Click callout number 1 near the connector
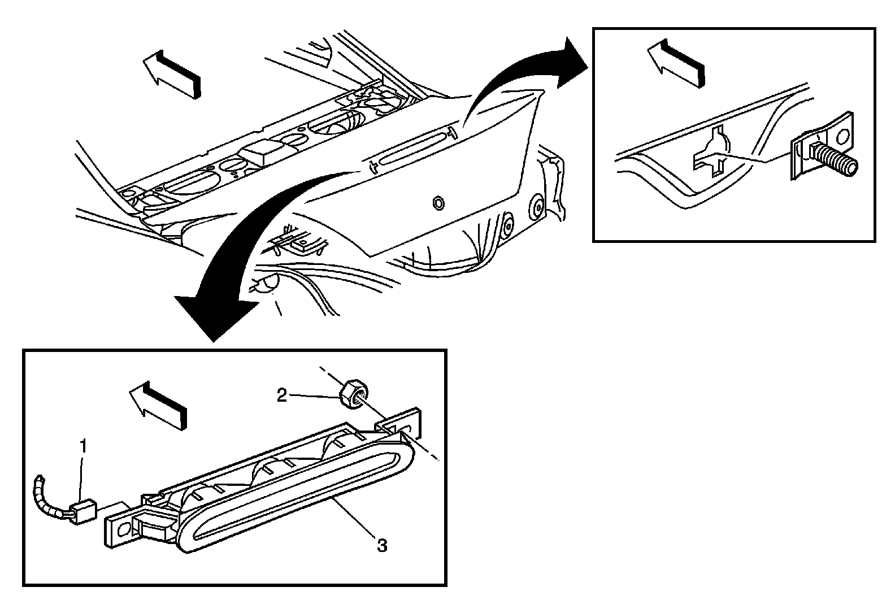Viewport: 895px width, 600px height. pos(83,447)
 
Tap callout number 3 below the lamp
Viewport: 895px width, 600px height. pos(382,546)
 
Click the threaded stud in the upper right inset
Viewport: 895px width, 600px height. pos(836,159)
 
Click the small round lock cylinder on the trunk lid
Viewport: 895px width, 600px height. pos(437,202)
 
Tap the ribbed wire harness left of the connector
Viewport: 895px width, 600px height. pos(48,497)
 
